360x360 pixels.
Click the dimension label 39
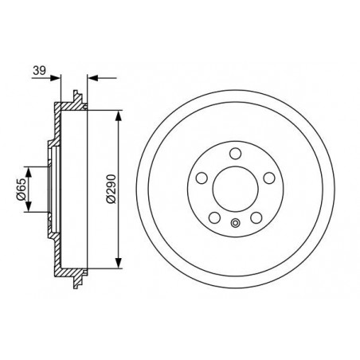tap(39, 71)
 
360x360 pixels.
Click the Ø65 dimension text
tap(21, 189)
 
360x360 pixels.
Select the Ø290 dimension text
tap(112, 189)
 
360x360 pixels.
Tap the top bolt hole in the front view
tap(235, 154)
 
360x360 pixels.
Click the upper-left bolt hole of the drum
tap(202, 178)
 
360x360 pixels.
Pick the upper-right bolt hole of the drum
tap(269, 178)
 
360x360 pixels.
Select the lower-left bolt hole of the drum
tap(214, 217)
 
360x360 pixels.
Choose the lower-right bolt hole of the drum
tap(256, 217)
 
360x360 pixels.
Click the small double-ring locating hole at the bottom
tap(235, 223)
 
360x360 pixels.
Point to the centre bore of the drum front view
tap(236, 189)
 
